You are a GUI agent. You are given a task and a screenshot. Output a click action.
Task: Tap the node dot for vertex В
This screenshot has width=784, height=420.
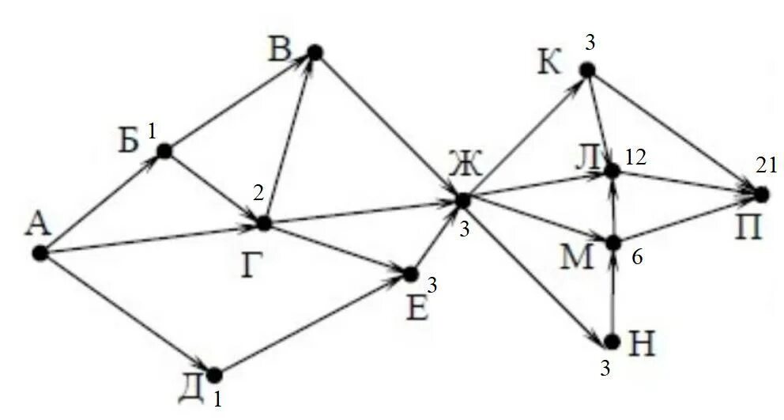point(315,52)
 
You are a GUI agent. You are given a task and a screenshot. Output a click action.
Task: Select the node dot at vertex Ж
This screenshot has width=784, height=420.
point(462,199)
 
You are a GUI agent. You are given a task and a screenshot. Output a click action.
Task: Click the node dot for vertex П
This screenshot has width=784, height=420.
point(761,193)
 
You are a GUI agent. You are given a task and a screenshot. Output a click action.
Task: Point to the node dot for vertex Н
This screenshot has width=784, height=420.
point(611,341)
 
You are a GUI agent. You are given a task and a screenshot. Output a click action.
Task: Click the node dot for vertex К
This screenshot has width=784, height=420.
point(586,70)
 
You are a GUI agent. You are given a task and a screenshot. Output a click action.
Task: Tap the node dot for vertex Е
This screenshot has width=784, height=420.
point(410,274)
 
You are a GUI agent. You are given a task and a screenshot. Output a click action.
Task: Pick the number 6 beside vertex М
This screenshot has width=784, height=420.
point(637,259)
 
